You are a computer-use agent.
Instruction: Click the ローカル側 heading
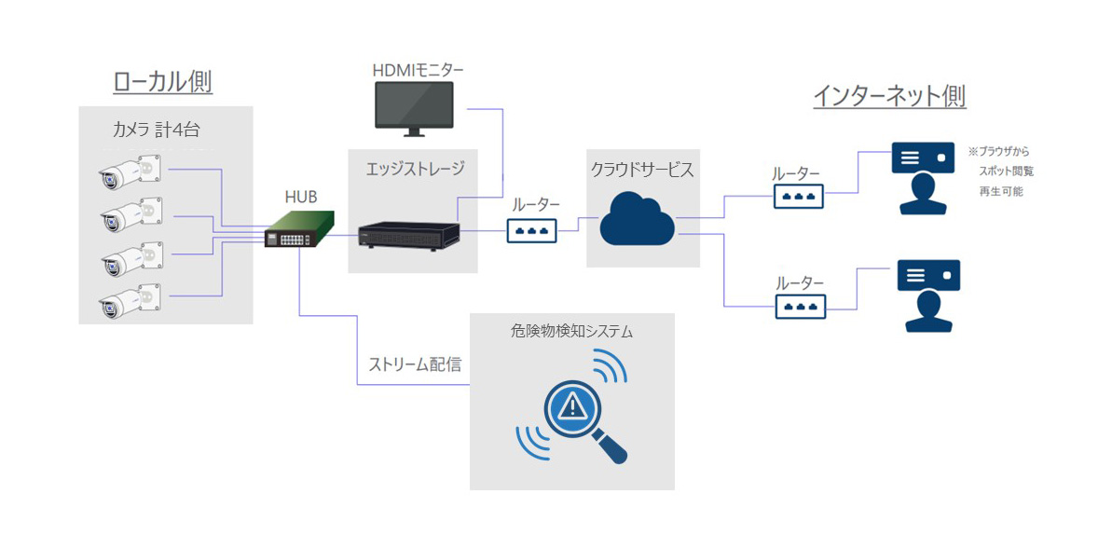click(163, 82)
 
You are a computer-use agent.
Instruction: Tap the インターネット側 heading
click(889, 96)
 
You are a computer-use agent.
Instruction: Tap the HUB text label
click(300, 197)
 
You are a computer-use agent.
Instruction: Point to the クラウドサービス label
click(642, 170)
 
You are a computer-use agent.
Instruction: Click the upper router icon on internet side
click(798, 196)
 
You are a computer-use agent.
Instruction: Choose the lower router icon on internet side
click(798, 305)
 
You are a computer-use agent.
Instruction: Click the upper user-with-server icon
click(923, 178)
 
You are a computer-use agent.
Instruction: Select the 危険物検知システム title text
click(571, 331)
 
